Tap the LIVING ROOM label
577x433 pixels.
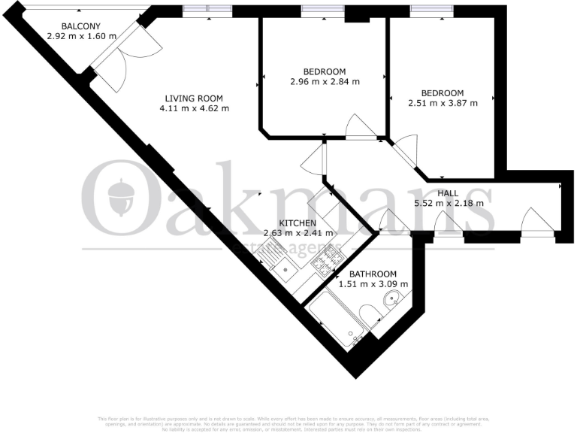194,98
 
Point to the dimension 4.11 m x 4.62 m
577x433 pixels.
194,108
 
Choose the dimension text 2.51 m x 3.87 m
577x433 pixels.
443,103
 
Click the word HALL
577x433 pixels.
449,193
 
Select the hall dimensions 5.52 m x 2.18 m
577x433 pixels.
449,203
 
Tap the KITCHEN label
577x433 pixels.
298,224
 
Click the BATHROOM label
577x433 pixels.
373,274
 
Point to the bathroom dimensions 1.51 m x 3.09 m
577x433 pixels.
373,284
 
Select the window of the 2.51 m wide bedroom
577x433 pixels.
431,10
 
